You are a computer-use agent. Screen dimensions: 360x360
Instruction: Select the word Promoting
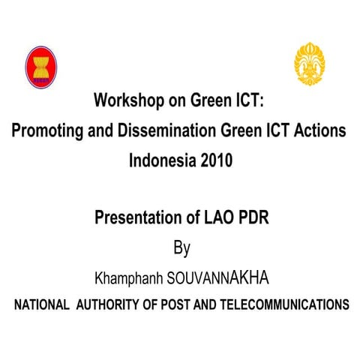coord(47,130)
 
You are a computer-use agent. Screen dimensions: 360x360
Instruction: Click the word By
coord(181,248)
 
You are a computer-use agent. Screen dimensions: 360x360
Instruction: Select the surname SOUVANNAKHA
coord(218,278)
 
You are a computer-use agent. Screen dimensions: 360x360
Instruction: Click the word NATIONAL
coord(41,306)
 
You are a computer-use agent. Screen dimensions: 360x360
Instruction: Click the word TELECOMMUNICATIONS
coord(288,306)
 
